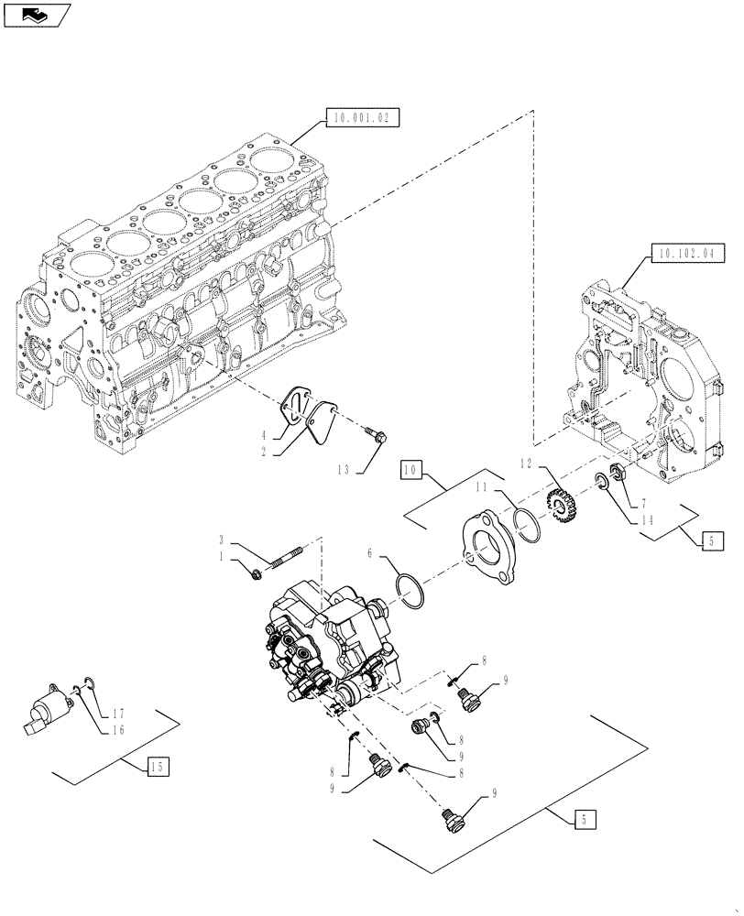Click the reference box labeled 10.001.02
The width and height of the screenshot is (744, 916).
tap(363, 118)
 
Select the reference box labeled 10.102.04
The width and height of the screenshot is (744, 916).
tap(687, 251)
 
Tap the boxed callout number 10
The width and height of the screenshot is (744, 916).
tap(411, 471)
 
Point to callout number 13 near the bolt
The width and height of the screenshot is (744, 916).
tap(344, 469)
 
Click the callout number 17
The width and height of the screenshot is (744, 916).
tap(118, 714)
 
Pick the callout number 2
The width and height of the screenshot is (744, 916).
tap(263, 452)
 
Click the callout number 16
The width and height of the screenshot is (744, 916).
tap(118, 730)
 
